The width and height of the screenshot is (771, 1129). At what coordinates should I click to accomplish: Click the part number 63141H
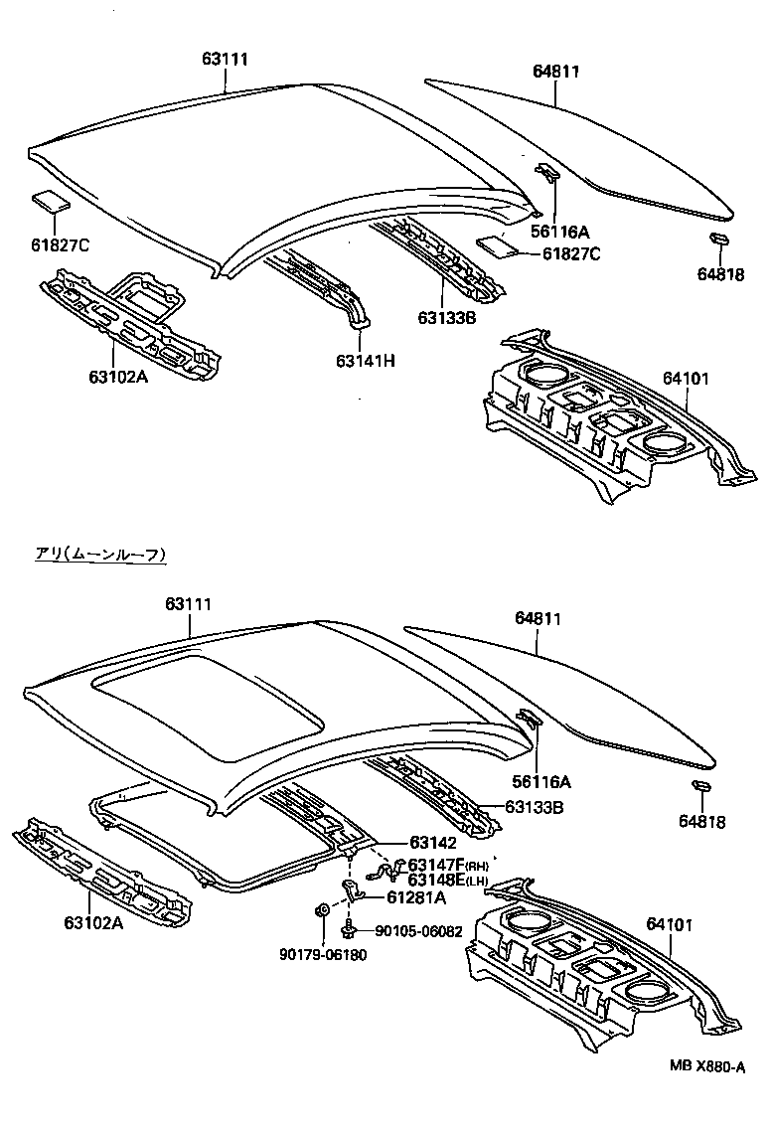366,361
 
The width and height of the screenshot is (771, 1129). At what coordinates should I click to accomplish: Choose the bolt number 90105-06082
418,931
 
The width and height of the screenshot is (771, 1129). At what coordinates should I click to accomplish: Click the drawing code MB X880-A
706,1066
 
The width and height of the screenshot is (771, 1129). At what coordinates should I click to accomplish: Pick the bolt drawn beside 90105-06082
351,931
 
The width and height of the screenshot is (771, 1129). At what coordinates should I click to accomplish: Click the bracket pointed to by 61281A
351,887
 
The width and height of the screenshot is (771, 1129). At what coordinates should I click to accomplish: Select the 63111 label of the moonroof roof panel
189,604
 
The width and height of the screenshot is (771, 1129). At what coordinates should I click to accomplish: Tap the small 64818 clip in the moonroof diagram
700,787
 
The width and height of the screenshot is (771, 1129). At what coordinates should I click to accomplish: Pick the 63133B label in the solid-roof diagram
447,317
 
